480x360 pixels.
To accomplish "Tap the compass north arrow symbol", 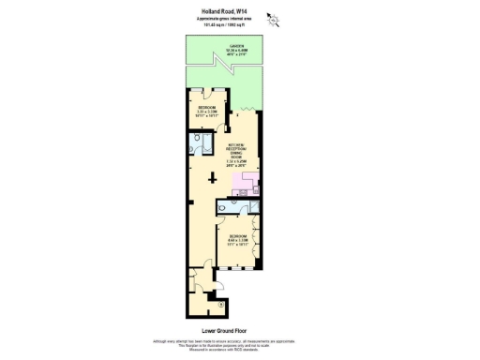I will (x=272, y=16).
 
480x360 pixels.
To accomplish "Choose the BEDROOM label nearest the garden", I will (x=207, y=108).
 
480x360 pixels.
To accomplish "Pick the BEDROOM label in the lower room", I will (x=238, y=235).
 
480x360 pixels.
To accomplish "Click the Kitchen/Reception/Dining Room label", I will (x=242, y=151).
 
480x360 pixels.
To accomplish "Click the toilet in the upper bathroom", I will (x=195, y=148).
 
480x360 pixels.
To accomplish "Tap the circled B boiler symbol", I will (x=219, y=304).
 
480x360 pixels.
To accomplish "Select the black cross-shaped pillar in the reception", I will (x=211, y=178).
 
